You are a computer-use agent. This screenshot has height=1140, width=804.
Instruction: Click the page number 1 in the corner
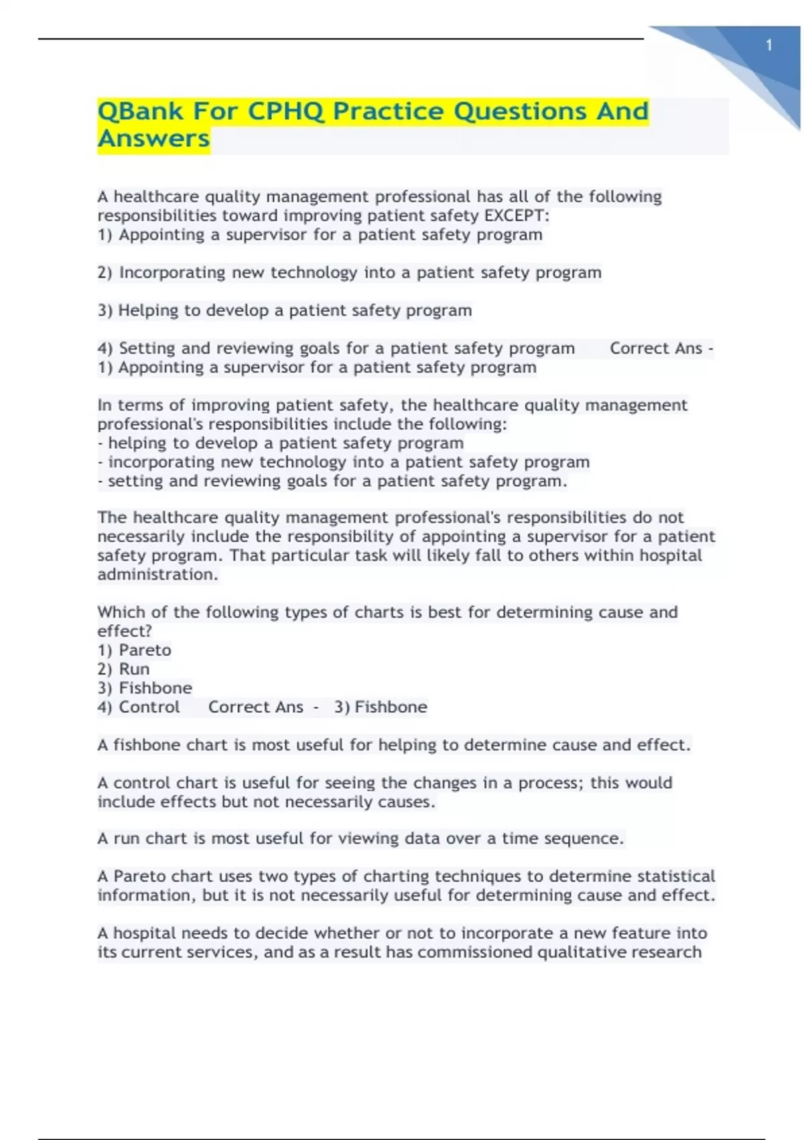[x=769, y=46]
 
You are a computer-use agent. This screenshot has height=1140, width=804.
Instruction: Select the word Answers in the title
[x=153, y=139]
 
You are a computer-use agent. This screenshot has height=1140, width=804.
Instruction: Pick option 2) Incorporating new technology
[x=349, y=272]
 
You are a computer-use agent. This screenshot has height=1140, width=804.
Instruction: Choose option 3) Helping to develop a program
[x=285, y=310]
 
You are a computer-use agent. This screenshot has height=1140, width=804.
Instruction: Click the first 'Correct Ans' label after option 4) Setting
[x=656, y=348]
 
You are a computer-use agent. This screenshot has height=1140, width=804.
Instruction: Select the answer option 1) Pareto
[x=134, y=650]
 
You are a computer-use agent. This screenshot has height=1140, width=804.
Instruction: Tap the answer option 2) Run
[x=123, y=669]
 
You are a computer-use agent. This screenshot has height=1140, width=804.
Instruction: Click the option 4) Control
[x=139, y=707]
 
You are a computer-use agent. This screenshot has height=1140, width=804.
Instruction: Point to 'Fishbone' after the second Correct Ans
[x=391, y=707]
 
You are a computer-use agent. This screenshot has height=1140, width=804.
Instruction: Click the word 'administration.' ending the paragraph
[x=157, y=575]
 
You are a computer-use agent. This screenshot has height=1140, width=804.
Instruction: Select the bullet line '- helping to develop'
[x=281, y=443]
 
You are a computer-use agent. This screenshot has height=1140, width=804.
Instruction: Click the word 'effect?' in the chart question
[x=125, y=631]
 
